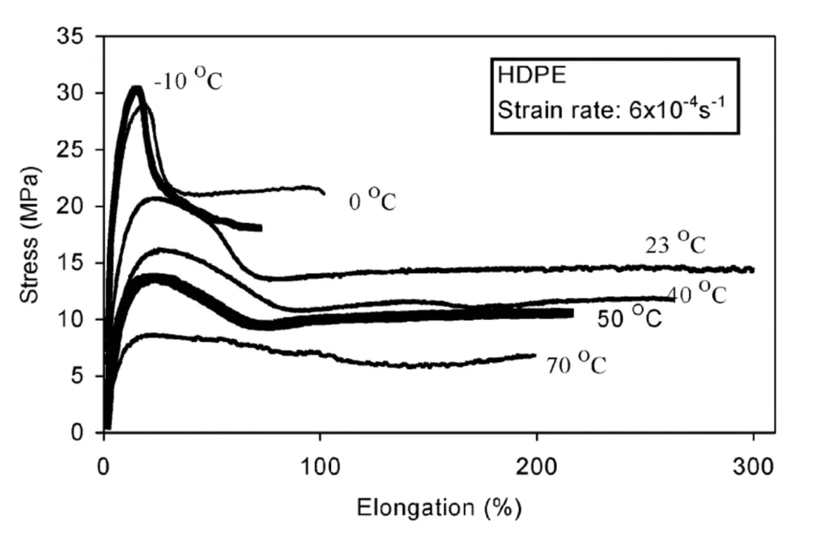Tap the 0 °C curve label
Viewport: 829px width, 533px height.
372,200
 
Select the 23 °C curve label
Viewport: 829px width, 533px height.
675,244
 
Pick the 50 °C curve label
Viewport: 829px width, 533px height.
630,318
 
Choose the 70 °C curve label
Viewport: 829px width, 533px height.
576,365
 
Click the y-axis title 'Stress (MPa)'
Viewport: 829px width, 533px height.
29,234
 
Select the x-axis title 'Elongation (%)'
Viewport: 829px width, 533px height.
440,508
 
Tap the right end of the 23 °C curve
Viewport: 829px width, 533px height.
753,270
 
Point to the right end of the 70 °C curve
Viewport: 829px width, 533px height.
535,355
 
